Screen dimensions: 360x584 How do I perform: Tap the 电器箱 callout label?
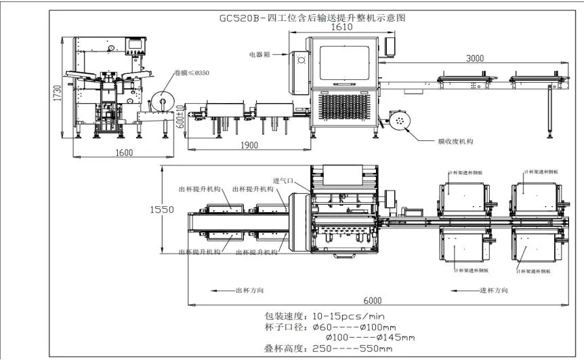(x=259, y=55)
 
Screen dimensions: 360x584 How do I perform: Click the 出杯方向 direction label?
(x=249, y=291)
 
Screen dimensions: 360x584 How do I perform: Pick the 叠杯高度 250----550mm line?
(x=329, y=348)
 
